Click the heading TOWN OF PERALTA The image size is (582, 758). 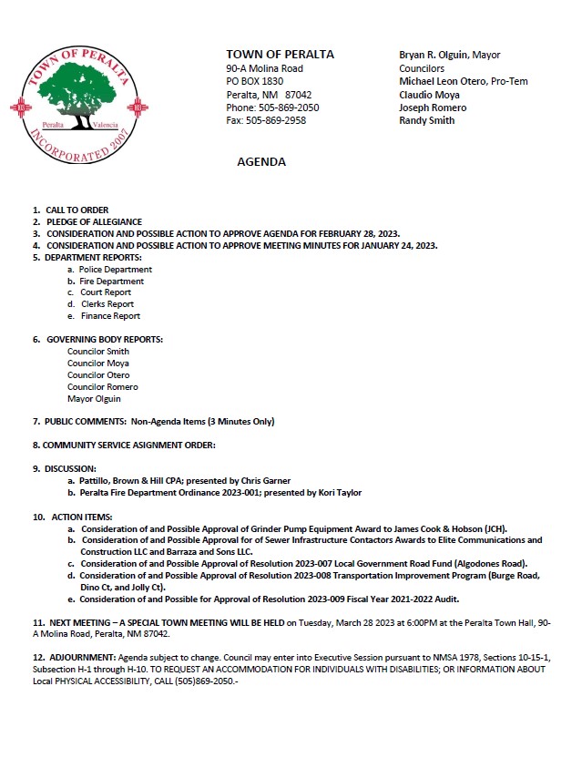(280, 55)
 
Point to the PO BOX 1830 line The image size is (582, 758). (255, 81)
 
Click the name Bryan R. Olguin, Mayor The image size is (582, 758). (450, 55)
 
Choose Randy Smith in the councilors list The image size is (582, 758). (427, 120)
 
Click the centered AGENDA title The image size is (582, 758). (261, 162)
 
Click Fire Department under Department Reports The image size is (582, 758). (111, 282)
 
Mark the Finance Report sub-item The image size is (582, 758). (110, 316)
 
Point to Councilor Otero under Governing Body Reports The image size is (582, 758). (98, 375)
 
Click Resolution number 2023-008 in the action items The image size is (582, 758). (316, 575)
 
